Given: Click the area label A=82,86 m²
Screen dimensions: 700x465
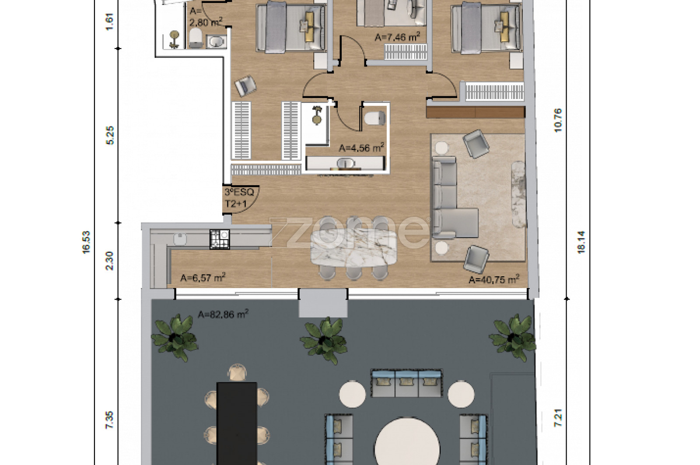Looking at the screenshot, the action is pos(223,314).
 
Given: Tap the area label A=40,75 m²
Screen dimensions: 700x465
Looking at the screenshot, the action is pos(494,279).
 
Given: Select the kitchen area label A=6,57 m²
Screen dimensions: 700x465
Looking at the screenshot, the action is pos(203,277).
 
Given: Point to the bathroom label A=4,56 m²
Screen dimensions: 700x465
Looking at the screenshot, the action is pos(361,148).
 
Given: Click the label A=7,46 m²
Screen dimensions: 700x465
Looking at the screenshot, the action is pos(397,37).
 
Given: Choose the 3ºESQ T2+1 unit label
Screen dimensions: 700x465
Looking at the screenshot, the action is pos(239,197).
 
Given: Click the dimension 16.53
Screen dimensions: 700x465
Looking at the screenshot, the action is pos(86,242).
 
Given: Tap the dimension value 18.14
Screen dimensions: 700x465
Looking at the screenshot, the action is pos(581,242).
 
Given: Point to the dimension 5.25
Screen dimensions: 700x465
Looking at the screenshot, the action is pos(110,135).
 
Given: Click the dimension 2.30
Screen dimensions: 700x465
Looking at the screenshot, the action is pos(109,261).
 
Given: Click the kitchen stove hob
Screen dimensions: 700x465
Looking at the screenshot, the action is pos(220,240).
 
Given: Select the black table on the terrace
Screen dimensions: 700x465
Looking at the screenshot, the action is pos(237,423).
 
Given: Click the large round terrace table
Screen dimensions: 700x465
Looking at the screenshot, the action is pos(407,443).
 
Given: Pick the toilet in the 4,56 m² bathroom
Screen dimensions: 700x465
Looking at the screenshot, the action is pos(374,118).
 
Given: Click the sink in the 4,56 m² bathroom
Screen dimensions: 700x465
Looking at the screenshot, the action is pos(346,163).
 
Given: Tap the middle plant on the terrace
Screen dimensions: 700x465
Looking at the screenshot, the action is pos(324,340).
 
